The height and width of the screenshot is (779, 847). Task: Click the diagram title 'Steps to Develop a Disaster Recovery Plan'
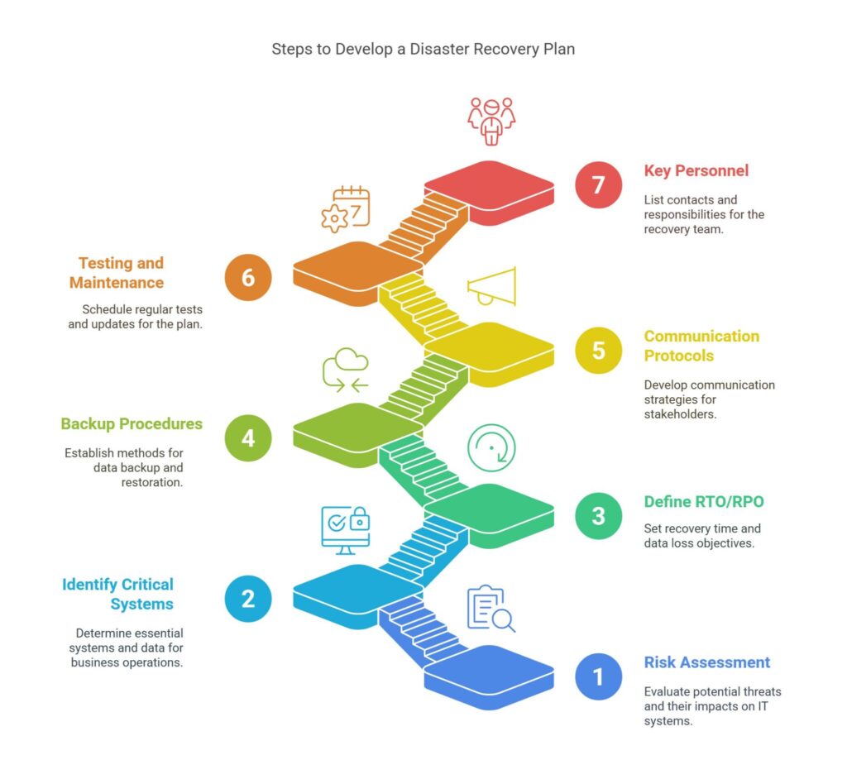pyautogui.click(x=423, y=49)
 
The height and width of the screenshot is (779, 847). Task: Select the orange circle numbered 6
pyautogui.click(x=248, y=277)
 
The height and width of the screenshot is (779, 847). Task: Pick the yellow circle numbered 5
pyautogui.click(x=598, y=351)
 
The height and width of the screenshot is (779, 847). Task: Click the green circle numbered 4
pyautogui.click(x=248, y=438)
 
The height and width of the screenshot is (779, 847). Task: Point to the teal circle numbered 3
pyautogui.click(x=598, y=515)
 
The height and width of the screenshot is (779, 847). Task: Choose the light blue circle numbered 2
pyautogui.click(x=248, y=598)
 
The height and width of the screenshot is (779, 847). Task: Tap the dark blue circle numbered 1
pyautogui.click(x=598, y=677)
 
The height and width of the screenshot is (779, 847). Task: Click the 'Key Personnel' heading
pyautogui.click(x=696, y=171)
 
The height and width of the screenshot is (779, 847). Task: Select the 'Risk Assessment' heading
pyautogui.click(x=706, y=662)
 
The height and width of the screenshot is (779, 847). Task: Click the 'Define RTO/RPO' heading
pyautogui.click(x=703, y=502)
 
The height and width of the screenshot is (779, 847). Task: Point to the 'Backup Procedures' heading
pyautogui.click(x=132, y=424)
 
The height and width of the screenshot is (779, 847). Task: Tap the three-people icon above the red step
pyautogui.click(x=491, y=121)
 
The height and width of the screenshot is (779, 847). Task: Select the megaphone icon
pyautogui.click(x=492, y=286)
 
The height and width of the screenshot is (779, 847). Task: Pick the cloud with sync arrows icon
pyautogui.click(x=346, y=370)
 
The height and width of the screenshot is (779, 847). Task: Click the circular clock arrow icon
pyautogui.click(x=491, y=448)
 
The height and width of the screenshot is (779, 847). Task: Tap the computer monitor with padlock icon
pyautogui.click(x=345, y=529)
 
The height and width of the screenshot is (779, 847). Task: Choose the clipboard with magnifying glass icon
pyautogui.click(x=490, y=609)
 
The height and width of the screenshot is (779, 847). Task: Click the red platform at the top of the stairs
pyautogui.click(x=489, y=184)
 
